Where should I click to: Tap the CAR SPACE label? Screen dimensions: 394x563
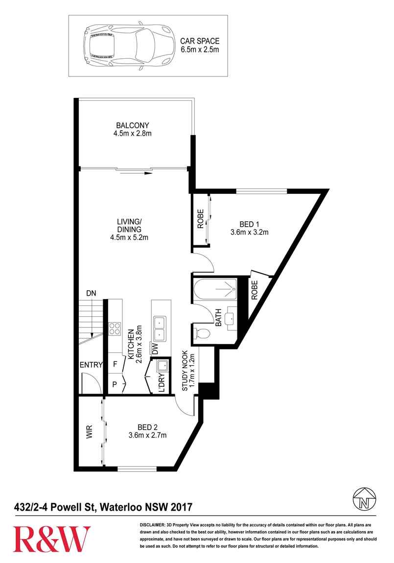coord(200,45)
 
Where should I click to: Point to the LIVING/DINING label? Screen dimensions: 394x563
coord(130,229)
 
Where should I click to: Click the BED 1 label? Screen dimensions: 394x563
coord(250,228)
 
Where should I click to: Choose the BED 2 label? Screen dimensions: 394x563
coord(147,431)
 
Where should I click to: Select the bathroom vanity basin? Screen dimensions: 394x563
coord(230,317)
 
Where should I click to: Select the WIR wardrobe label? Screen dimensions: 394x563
coord(90,432)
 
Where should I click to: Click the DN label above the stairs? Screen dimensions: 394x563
coord(91,293)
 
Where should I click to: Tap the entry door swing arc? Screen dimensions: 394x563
coord(94,380)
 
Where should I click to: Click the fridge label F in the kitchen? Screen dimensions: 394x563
coord(115,364)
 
